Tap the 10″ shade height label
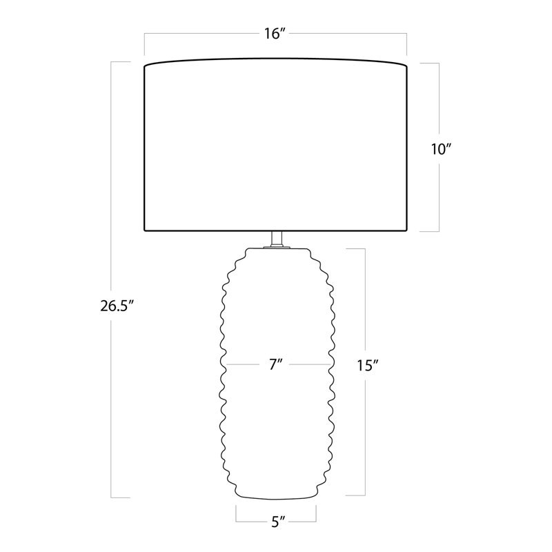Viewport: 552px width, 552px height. tap(441, 150)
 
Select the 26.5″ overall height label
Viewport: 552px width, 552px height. tap(117, 306)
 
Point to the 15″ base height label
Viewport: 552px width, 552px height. tap(367, 366)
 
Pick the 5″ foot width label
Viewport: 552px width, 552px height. tap(277, 522)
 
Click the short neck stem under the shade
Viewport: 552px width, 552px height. tap(277, 239)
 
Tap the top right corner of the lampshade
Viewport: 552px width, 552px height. tap(407, 66)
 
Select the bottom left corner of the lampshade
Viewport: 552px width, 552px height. tap(144, 231)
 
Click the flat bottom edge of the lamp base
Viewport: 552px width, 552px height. tap(276, 498)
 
